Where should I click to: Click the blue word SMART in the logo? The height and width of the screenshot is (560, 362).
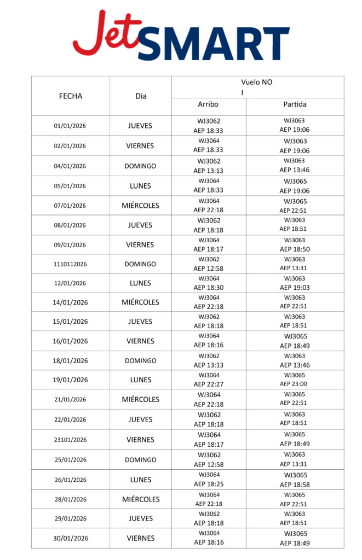point(214,43)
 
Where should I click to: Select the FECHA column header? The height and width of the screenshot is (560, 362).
point(70,96)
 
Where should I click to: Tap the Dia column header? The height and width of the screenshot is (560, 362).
point(141,96)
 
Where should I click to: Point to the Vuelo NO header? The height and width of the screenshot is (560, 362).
point(257,83)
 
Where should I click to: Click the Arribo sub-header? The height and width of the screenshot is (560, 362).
point(208,104)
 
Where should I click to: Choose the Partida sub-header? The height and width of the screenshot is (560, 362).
point(295,104)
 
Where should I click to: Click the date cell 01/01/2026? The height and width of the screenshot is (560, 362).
point(70,126)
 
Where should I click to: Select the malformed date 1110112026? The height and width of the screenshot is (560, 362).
point(70,264)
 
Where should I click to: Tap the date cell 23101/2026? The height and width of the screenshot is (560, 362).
point(70,440)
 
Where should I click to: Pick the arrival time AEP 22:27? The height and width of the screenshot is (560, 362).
point(208,384)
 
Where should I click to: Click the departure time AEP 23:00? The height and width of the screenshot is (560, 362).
point(295,384)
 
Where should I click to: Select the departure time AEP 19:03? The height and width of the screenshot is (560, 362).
point(295,288)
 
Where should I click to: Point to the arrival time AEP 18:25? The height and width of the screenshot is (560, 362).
point(208,485)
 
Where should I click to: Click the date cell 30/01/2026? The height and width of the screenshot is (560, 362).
point(70,538)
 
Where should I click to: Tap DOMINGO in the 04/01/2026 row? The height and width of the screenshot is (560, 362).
point(140,166)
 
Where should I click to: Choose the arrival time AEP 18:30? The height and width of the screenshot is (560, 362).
point(208,288)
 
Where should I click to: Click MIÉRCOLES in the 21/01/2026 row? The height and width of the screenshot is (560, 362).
point(140,400)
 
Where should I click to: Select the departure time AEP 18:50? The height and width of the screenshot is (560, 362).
point(295,249)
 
